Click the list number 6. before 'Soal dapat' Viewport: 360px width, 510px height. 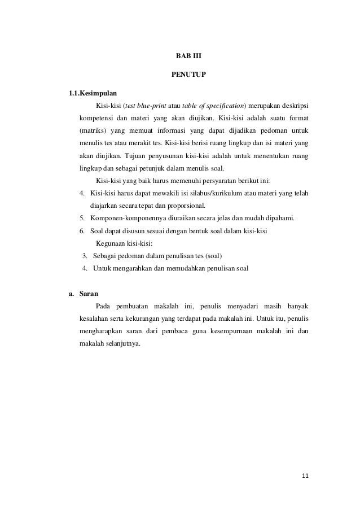tap(82, 230)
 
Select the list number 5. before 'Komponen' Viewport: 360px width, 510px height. tap(82, 218)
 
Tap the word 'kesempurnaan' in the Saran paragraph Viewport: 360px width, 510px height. tap(236, 332)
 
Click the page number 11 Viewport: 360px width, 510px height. tap(305, 476)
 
